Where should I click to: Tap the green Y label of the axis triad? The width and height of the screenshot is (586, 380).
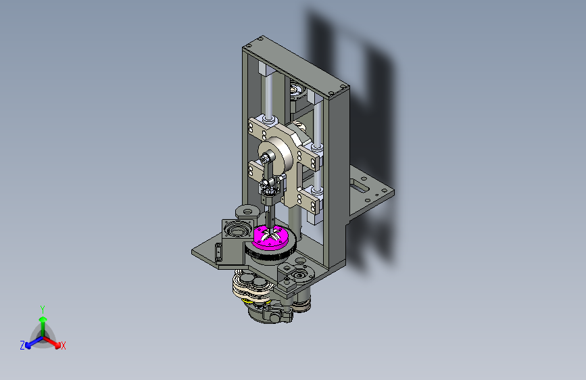43,309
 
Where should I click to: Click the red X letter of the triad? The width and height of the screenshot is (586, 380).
63,346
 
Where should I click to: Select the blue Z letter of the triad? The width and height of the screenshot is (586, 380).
22,346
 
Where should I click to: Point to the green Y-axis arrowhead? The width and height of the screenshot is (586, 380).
43,319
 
